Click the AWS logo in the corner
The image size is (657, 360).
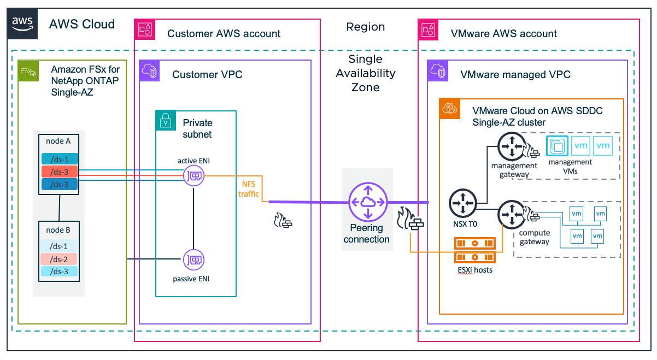[x=22, y=24]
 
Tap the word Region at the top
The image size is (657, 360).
[x=366, y=27]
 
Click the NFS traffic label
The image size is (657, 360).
[x=249, y=189]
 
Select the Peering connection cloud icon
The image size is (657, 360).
[x=367, y=203]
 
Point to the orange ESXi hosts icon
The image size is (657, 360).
[x=475, y=250]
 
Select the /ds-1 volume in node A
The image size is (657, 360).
[x=58, y=159]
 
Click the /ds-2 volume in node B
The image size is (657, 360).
[x=58, y=259]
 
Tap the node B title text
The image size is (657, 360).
[x=58, y=229]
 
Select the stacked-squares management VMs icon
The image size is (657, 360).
[x=558, y=146]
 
